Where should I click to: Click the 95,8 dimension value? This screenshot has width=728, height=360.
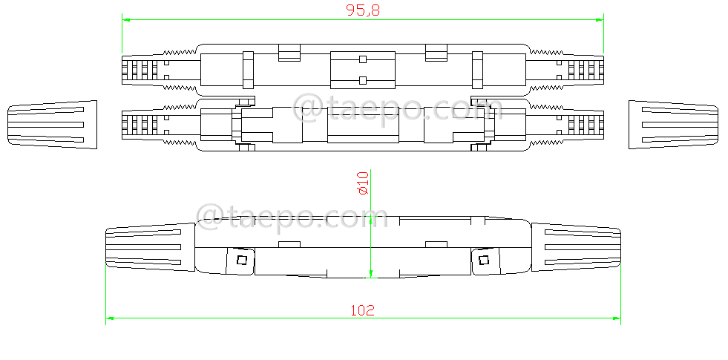point(363,10)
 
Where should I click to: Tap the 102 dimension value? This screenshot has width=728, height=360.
point(362,310)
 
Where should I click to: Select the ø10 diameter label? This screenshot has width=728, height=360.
point(363,183)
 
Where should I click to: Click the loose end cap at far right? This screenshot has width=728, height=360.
point(675,124)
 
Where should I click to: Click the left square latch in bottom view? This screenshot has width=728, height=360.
point(240,259)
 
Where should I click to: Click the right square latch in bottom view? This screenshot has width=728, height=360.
point(485,259)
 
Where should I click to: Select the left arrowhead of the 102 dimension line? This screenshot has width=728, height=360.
point(110,318)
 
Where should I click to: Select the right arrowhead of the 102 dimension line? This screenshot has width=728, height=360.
point(617,318)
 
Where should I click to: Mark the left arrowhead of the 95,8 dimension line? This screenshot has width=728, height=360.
point(125,19)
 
